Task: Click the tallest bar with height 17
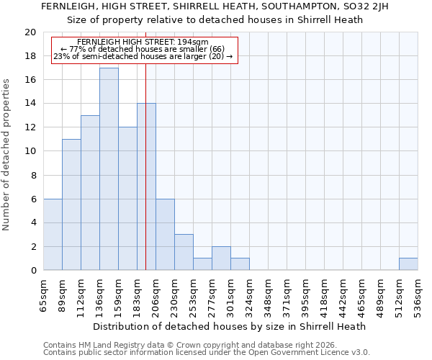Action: coord(109,169)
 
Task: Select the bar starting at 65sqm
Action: coord(53,235)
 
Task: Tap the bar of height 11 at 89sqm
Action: coord(71,204)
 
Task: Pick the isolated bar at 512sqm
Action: coord(408,264)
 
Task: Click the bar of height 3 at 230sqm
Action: coord(184,252)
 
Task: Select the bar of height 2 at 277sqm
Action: coord(221,258)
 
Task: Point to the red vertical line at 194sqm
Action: coord(145,180)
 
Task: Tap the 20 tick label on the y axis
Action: coord(30,32)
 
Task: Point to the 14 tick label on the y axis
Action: coord(30,104)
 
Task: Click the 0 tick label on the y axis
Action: coord(33,270)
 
